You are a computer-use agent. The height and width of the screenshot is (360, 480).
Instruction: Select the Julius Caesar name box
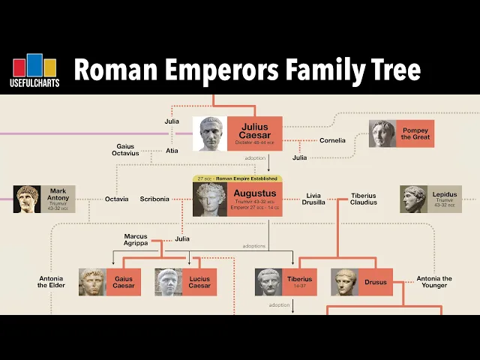254,133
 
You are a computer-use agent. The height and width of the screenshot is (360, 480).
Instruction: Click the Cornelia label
332,140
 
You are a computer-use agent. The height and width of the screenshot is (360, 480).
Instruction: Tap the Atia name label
172,149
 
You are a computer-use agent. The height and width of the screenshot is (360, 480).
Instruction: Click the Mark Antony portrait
27,199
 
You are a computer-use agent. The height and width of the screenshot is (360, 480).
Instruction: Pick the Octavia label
116,199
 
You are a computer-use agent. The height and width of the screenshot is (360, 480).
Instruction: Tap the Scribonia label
154,199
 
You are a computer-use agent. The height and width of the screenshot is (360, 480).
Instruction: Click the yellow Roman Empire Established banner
237,178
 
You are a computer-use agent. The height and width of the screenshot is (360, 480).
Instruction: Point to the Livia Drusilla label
313,199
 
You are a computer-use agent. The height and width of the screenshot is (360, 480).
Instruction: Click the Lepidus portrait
413,199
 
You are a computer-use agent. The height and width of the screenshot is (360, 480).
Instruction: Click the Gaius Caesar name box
123,282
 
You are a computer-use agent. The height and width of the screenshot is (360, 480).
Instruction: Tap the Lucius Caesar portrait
169,282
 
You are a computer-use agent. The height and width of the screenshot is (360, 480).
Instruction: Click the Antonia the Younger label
434,282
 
